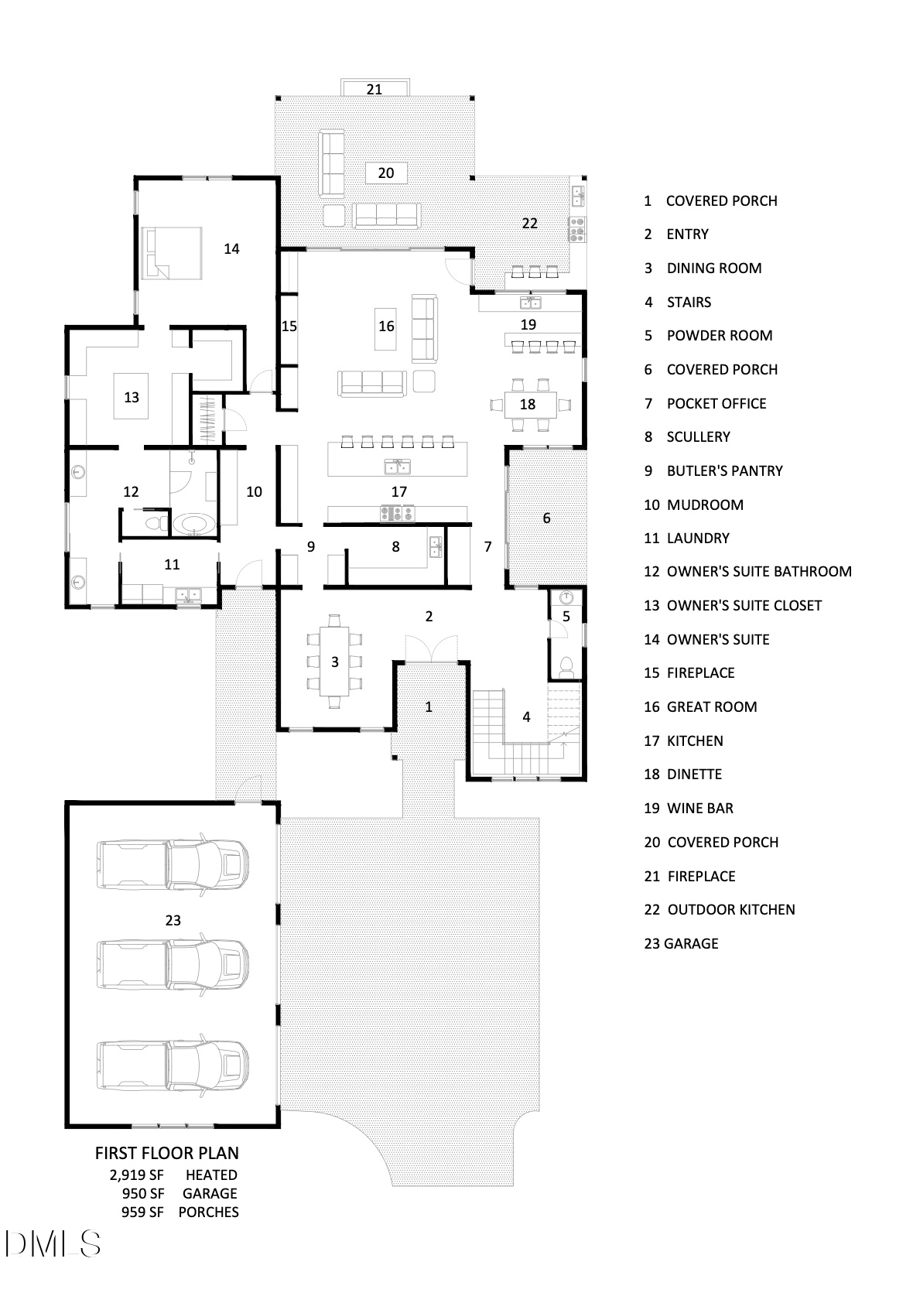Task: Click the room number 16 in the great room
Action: pyautogui.click(x=386, y=327)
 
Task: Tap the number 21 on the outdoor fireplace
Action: pyautogui.click(x=374, y=89)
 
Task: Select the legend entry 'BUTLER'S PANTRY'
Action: pyautogui.click(x=724, y=470)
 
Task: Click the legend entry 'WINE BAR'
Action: pyautogui.click(x=700, y=808)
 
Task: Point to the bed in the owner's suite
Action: pyautogui.click(x=172, y=253)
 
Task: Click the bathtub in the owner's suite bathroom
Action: pyautogui.click(x=193, y=524)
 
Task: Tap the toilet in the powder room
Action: pyautogui.click(x=566, y=667)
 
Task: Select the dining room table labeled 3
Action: pyautogui.click(x=334, y=662)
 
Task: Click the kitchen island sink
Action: pyautogui.click(x=398, y=467)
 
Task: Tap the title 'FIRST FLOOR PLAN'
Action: pyautogui.click(x=167, y=1154)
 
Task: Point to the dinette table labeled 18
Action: pyautogui.click(x=528, y=404)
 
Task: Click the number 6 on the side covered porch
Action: pyautogui.click(x=546, y=518)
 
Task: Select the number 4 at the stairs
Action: pyautogui.click(x=526, y=716)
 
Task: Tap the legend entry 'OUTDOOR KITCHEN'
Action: pyautogui.click(x=731, y=909)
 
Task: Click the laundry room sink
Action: pyautogui.click(x=188, y=595)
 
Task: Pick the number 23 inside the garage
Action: pyautogui.click(x=173, y=920)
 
